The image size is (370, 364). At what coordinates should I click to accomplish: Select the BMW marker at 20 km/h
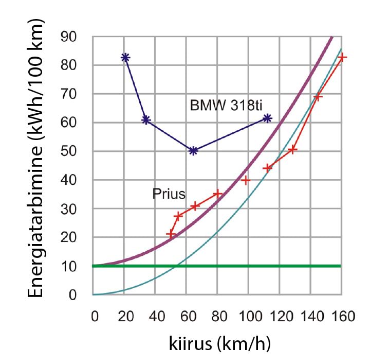pyautogui.click(x=125, y=58)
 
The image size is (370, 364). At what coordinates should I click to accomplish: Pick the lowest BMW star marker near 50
pyautogui.click(x=193, y=151)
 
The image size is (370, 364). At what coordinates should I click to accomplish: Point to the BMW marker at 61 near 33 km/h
pyautogui.click(x=146, y=120)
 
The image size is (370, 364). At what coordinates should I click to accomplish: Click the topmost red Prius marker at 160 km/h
pyautogui.click(x=343, y=57)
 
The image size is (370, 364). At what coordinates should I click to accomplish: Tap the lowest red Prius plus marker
pyautogui.click(x=171, y=234)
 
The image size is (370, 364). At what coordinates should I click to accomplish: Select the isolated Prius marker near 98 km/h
pyautogui.click(x=246, y=180)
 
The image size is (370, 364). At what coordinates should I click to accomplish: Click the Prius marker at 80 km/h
pyautogui.click(x=217, y=194)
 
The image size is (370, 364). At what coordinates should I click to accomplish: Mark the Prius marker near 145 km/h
pyautogui.click(x=318, y=97)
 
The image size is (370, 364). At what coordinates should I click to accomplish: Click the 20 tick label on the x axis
pyautogui.click(x=124, y=316)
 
